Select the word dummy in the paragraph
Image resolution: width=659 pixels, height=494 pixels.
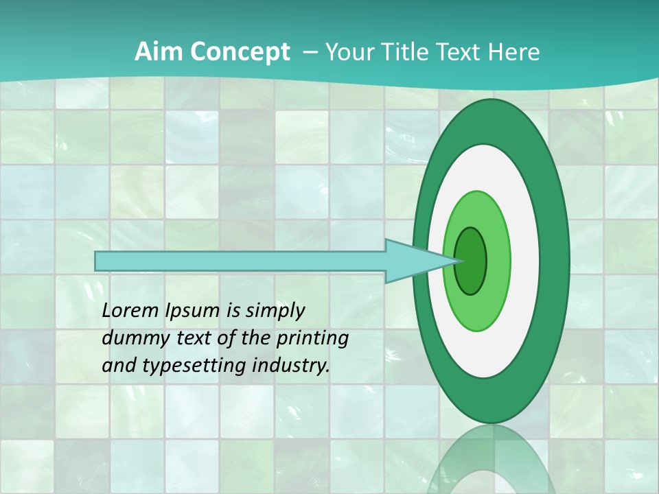click(x=130, y=338)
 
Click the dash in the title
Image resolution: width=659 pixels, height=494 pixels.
click(x=310, y=52)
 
